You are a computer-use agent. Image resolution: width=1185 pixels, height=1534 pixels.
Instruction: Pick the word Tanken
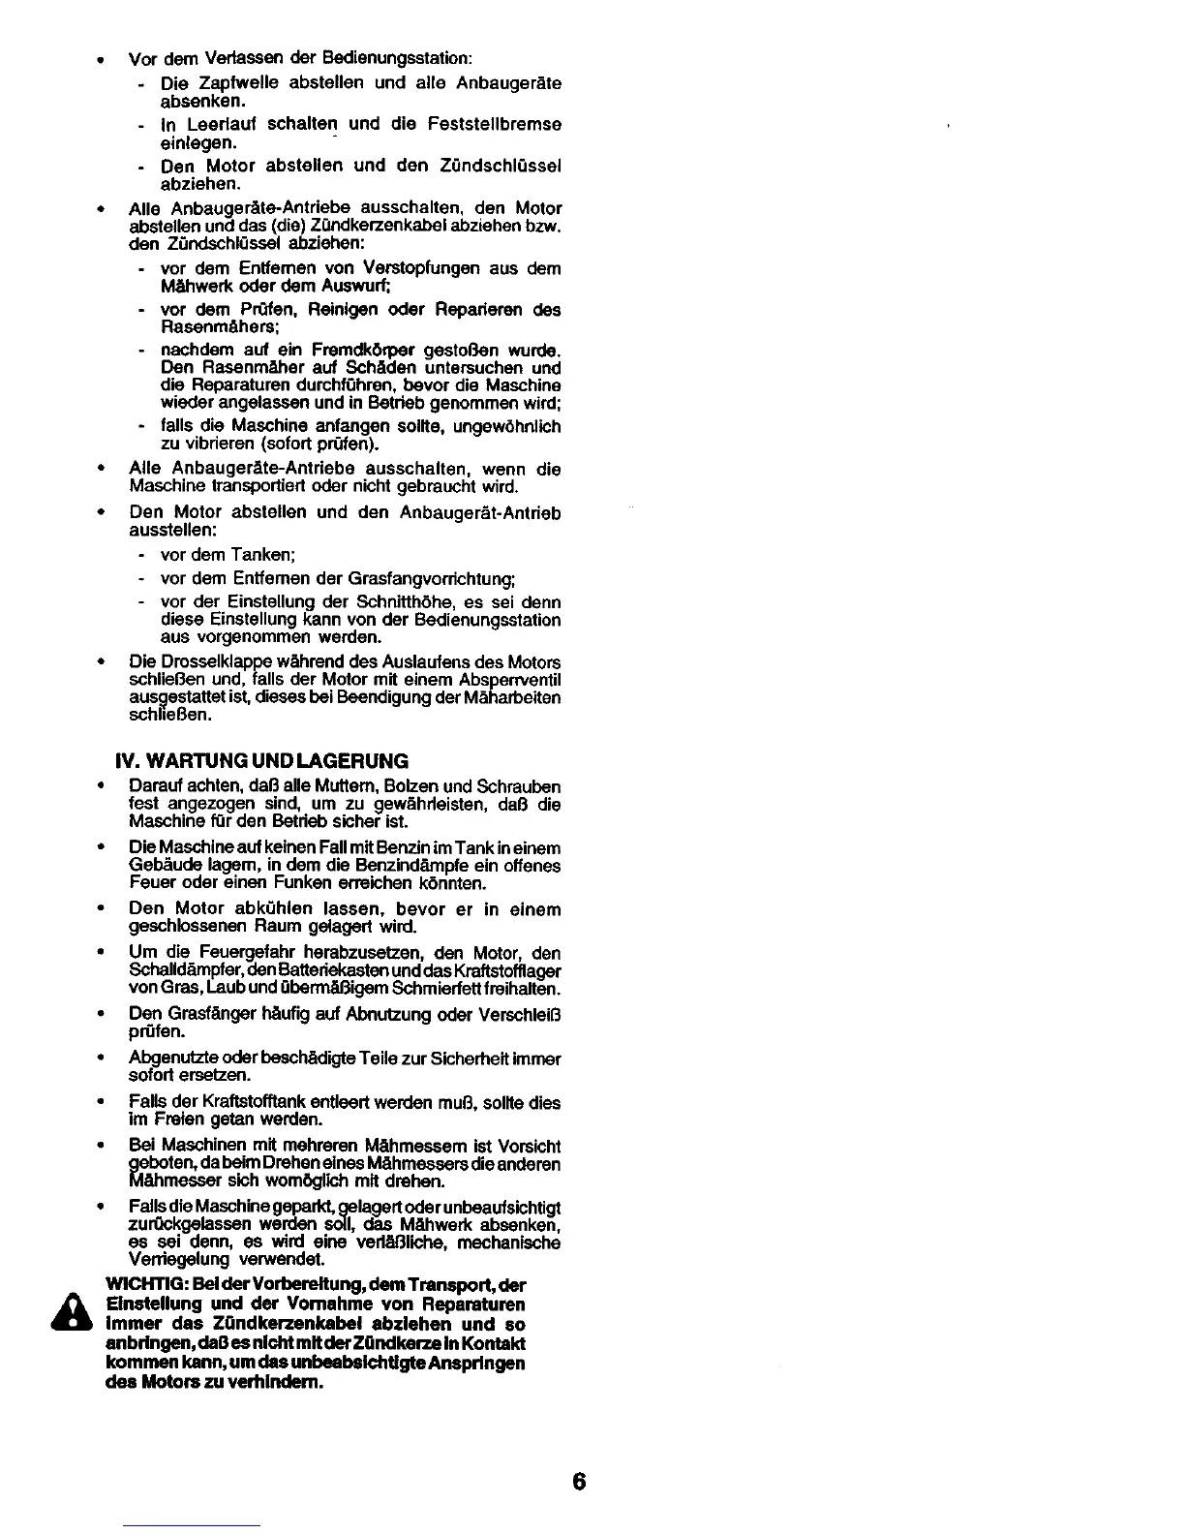(x=262, y=555)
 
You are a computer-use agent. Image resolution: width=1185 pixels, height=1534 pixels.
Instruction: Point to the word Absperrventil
(x=509, y=680)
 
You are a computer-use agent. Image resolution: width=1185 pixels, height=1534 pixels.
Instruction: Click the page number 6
(x=579, y=1483)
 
